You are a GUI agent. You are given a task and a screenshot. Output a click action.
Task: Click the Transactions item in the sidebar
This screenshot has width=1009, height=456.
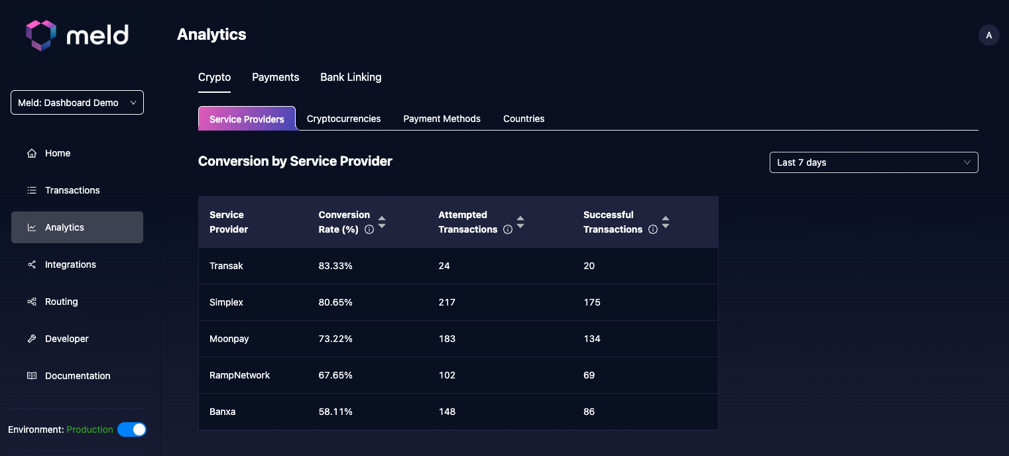coord(72,190)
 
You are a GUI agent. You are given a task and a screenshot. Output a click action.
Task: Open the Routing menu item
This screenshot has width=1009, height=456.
coord(61,302)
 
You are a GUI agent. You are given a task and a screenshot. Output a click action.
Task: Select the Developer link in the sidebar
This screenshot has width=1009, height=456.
coord(66,339)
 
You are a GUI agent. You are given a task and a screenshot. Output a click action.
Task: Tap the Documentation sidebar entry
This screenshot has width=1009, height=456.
coord(77,376)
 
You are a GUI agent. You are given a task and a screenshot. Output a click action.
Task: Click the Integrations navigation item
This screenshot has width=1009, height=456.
coord(70,264)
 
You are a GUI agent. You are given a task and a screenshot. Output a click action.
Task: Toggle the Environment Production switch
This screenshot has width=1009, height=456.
coord(132,429)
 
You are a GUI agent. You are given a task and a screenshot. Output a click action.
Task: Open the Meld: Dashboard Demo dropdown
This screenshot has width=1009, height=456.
coord(77,103)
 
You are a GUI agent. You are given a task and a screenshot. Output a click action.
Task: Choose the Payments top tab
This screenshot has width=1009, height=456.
coord(275,77)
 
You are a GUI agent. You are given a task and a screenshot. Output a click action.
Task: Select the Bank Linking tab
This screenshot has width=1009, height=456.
coord(351,77)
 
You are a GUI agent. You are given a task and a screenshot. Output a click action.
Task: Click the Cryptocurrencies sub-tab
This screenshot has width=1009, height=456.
coord(343,119)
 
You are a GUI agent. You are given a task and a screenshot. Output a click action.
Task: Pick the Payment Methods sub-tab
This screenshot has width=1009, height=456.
coord(442,119)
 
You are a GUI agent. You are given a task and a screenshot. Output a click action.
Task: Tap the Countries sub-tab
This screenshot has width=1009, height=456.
coord(524,119)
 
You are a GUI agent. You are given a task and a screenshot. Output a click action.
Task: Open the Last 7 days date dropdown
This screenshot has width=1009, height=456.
coord(873,162)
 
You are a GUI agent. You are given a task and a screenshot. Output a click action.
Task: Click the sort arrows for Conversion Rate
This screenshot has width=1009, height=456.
coord(382,222)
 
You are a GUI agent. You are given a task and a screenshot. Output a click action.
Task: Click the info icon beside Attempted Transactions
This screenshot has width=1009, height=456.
coord(508,230)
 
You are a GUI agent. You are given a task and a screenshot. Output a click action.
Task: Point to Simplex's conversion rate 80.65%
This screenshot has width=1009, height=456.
coord(335,302)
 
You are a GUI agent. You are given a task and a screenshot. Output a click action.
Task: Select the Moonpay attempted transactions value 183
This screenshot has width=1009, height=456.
coord(447,339)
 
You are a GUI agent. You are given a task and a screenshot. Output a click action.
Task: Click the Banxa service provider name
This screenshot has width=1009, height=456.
coord(222,412)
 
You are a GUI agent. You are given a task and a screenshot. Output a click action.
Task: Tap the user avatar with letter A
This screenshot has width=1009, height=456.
coord(988,35)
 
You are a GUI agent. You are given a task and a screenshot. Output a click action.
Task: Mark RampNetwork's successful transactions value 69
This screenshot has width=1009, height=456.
coord(589,375)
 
